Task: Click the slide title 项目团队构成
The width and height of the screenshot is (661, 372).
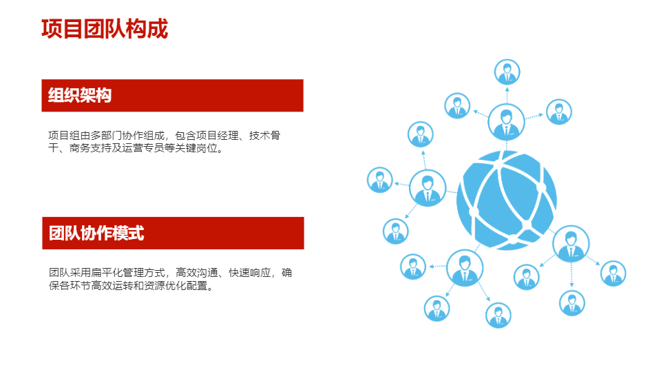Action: [x=105, y=29]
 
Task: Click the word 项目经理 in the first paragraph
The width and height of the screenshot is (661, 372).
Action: [x=217, y=136]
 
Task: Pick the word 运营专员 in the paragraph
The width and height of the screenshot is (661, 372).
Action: [x=143, y=148]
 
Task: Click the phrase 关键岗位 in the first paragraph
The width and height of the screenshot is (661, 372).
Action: [x=196, y=148]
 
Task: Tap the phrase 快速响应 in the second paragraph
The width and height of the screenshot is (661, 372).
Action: [x=250, y=273]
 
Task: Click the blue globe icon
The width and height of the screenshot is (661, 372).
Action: [x=506, y=200]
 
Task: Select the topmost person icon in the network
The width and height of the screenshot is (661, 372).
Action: [x=507, y=72]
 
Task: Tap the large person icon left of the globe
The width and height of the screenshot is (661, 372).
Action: [x=428, y=188]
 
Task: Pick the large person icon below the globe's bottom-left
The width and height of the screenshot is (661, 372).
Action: [x=465, y=268]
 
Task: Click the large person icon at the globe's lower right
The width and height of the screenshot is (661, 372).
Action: [x=571, y=244]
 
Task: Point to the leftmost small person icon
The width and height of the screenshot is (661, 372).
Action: [x=380, y=180]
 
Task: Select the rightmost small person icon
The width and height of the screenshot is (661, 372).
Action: [x=613, y=273]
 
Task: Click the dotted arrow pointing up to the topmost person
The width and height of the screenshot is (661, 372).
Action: [x=507, y=95]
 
